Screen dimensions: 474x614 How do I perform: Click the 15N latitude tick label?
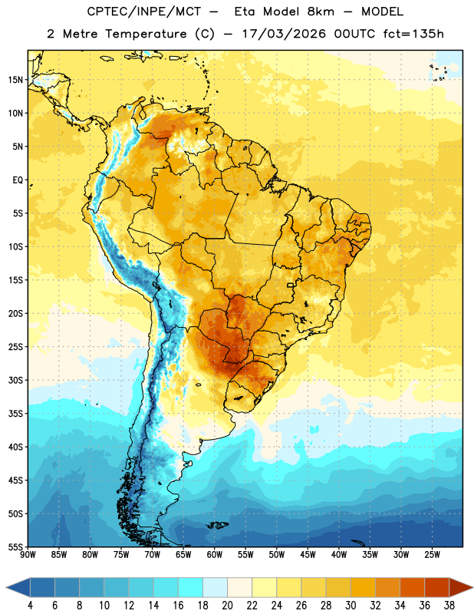click(x=15, y=80)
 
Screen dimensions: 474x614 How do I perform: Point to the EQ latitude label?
click(x=18, y=180)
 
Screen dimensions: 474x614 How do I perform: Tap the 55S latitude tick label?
click(x=15, y=547)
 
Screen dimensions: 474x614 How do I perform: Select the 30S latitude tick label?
click(x=15, y=380)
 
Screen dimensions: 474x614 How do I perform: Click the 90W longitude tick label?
click(x=28, y=555)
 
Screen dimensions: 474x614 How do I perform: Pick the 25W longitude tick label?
click(x=432, y=555)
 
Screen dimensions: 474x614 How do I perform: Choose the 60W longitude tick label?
click(x=215, y=555)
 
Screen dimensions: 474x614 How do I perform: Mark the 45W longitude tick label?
click(x=308, y=555)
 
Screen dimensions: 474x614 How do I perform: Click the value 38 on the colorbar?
click(x=449, y=606)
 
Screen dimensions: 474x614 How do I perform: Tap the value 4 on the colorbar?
click(x=30, y=606)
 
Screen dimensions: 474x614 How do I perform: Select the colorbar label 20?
click(x=227, y=606)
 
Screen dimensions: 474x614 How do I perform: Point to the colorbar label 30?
click(x=351, y=606)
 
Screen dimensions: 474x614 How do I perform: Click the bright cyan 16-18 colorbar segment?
click(x=191, y=588)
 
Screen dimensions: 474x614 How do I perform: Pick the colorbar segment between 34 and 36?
click(x=412, y=588)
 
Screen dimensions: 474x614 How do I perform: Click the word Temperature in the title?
click(x=146, y=34)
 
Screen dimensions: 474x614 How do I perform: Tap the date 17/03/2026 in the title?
click(x=284, y=34)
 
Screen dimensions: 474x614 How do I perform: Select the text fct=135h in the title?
click(x=413, y=34)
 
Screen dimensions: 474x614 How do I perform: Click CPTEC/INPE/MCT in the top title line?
click(x=144, y=12)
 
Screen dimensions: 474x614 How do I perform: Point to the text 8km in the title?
click(x=321, y=12)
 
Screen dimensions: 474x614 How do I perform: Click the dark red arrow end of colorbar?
click(x=460, y=588)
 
